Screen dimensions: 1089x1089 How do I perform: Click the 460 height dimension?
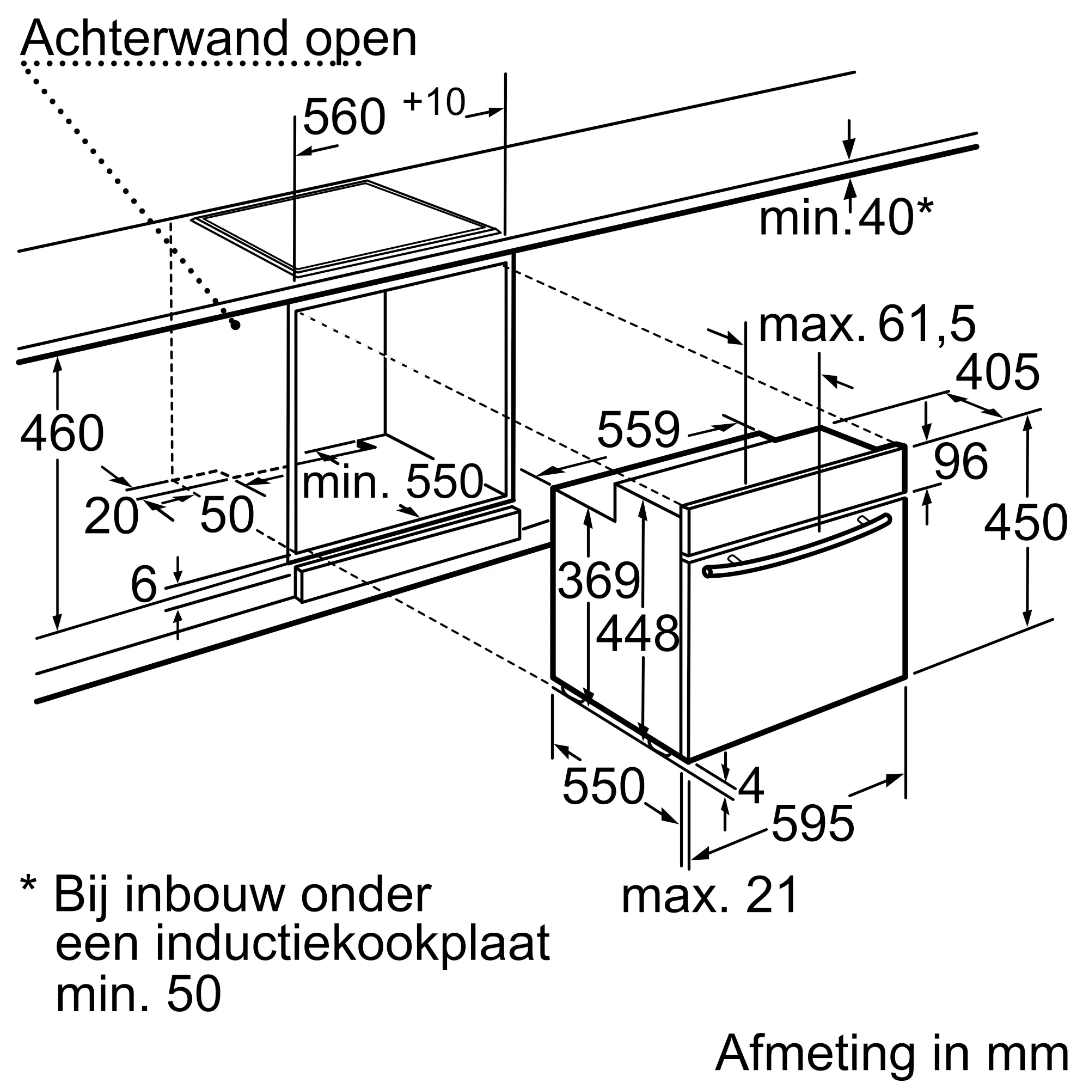[62, 433]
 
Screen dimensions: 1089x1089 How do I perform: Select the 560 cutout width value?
[344, 117]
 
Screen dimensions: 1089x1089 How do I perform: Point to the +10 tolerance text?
[434, 102]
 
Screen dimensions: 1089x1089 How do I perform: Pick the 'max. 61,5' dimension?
[867, 324]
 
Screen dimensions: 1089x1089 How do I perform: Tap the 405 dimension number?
[997, 372]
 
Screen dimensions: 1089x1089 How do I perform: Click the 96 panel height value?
[960, 461]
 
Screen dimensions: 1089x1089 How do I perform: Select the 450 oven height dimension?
[1025, 523]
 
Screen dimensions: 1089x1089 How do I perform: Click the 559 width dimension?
[639, 430]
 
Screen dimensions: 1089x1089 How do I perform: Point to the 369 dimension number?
[598, 580]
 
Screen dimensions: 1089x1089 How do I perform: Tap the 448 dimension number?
[638, 634]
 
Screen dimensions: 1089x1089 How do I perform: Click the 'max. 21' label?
[709, 895]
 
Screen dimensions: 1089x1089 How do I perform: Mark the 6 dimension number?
[143, 584]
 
